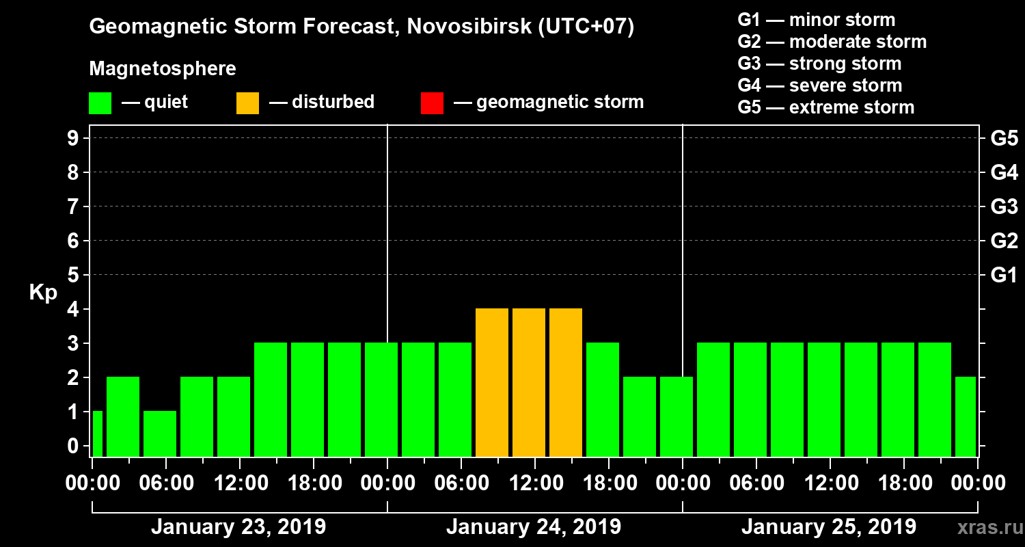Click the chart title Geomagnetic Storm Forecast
pos(361,27)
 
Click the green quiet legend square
pos(100,103)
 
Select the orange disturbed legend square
pos(247,103)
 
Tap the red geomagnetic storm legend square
pos(432,103)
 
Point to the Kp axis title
pos(43,293)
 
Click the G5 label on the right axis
pos(1004,138)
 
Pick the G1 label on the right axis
pos(1004,275)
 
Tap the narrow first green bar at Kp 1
pos(97,433)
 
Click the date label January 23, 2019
pos(238,527)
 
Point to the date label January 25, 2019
pos(829,527)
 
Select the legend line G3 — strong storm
pos(819,64)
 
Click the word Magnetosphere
pos(163,69)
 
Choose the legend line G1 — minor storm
pos(817,20)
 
